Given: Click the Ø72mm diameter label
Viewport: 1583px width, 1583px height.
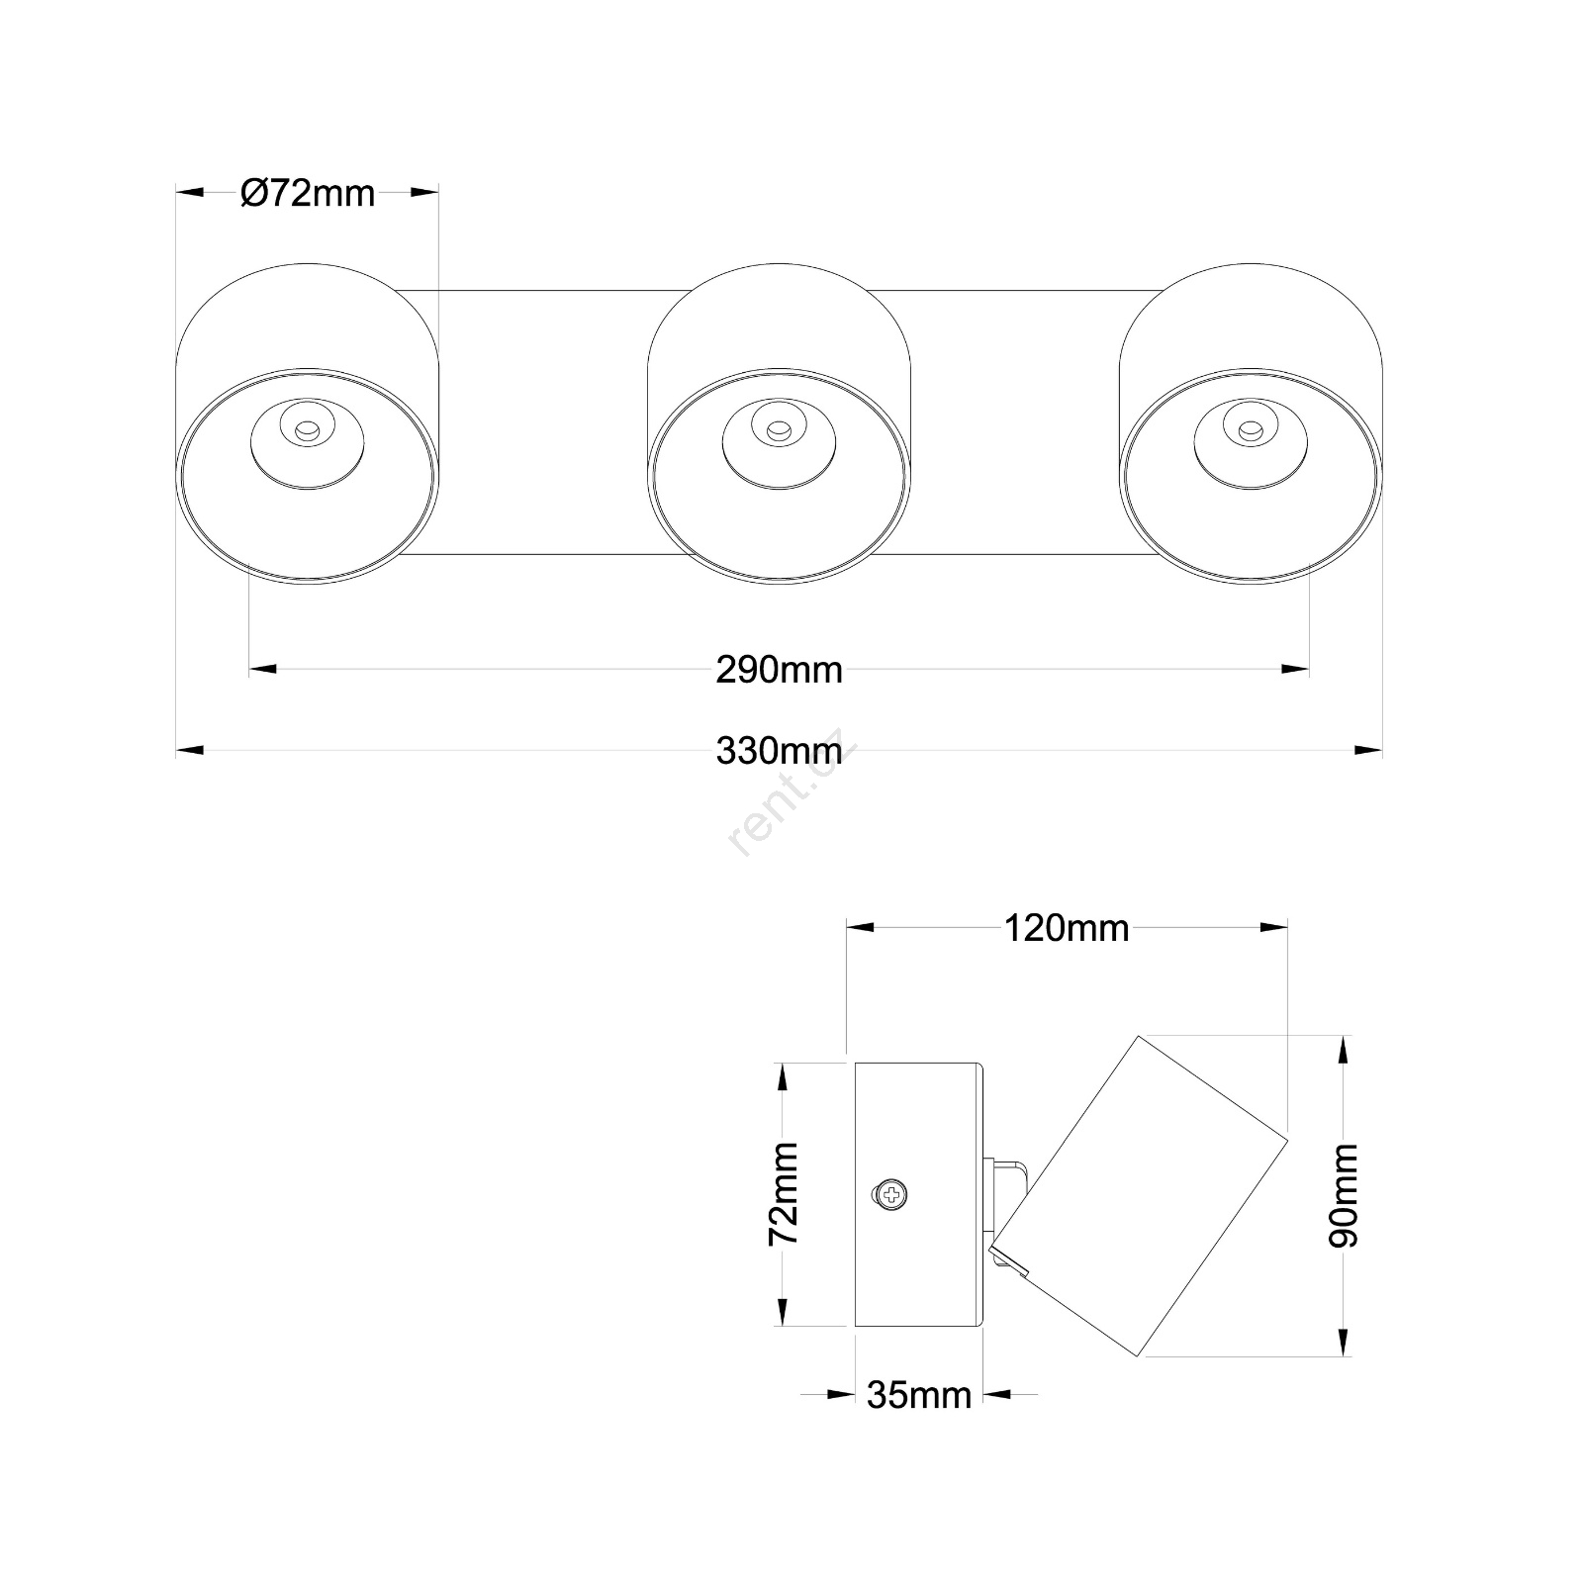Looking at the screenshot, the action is [x=308, y=193].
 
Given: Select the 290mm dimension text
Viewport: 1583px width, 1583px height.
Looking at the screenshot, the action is [x=779, y=671].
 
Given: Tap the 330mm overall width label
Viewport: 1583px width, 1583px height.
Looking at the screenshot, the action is [x=779, y=752].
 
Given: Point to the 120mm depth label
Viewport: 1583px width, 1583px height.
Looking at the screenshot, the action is [x=1067, y=929].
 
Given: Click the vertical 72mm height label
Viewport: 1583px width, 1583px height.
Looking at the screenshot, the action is [x=785, y=1193].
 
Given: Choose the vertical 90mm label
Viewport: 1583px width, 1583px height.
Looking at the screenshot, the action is [x=1344, y=1195].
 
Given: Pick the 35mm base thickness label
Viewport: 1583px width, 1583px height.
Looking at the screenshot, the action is [x=919, y=1395].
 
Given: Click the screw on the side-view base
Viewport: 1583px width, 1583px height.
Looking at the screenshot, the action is [x=892, y=1194].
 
